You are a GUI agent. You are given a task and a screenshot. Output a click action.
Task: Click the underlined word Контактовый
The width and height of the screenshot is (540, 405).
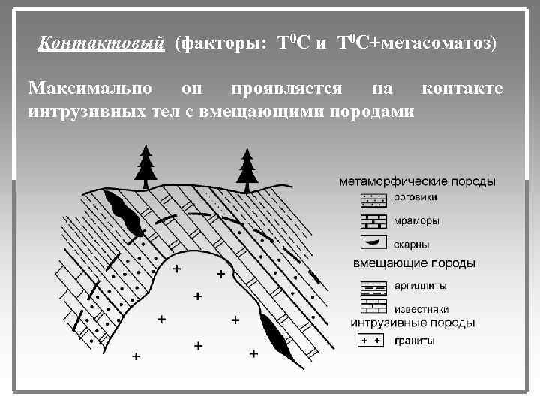point(100,43)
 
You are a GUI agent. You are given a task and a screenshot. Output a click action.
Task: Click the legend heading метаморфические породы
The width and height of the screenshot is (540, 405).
point(417,182)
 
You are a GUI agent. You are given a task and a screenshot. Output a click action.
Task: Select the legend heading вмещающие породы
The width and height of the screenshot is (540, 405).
point(414,263)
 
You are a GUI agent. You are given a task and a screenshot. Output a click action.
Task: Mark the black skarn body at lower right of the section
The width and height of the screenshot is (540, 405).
point(274,334)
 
